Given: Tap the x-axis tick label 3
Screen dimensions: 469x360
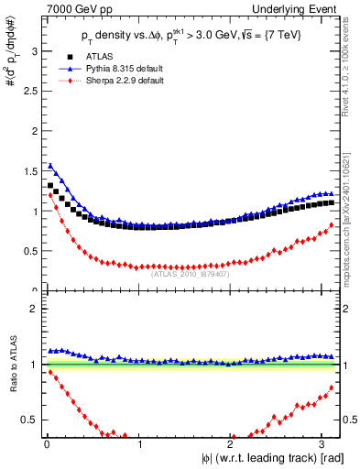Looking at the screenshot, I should coord(323,444).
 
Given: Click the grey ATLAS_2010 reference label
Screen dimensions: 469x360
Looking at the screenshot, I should coord(191,273).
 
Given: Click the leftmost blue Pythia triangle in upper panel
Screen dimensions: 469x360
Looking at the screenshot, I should coord(49,166).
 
